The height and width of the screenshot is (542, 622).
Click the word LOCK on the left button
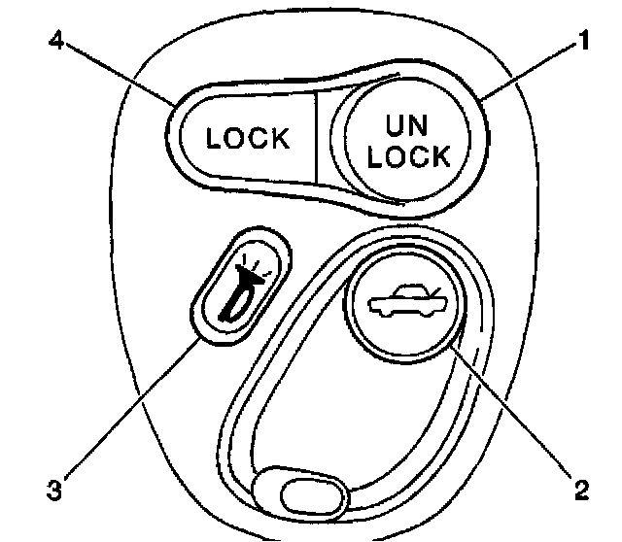[x=249, y=138]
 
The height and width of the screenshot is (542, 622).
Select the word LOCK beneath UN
[x=409, y=155]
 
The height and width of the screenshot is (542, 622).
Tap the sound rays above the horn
[x=255, y=262]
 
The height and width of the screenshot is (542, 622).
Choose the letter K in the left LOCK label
[x=281, y=138]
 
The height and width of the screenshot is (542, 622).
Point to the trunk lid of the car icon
[x=429, y=293]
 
